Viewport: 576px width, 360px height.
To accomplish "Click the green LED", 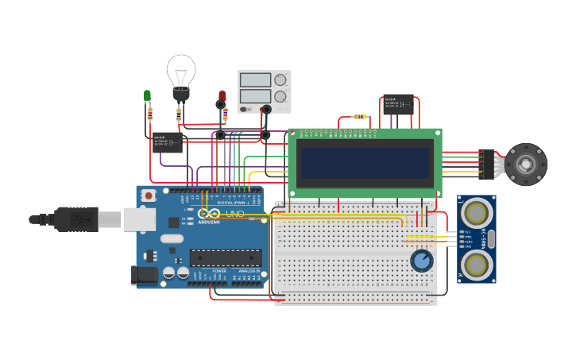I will [x=147, y=96].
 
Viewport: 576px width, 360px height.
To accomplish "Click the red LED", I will [x=222, y=96].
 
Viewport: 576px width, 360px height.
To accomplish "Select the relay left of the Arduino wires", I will [x=167, y=142].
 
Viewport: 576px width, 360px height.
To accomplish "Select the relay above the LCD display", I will [x=398, y=104].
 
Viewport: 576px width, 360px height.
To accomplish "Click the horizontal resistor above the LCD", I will [x=361, y=117].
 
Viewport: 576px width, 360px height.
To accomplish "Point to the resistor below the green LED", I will [x=149, y=114].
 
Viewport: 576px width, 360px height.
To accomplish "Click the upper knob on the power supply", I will [x=280, y=79].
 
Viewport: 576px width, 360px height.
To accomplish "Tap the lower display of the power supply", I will [x=256, y=96].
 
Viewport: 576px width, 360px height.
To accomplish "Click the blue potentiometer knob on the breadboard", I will [x=421, y=261].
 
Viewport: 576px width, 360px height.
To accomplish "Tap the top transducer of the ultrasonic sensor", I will [x=476, y=213].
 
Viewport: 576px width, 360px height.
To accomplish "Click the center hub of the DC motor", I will [x=526, y=164].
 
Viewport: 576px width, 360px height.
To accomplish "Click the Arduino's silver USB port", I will [x=140, y=219].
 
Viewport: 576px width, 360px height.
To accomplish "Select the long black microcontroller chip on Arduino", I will [x=225, y=257].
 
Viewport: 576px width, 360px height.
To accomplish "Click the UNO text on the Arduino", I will [x=235, y=214].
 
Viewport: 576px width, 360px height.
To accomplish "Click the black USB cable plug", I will [x=75, y=219].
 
